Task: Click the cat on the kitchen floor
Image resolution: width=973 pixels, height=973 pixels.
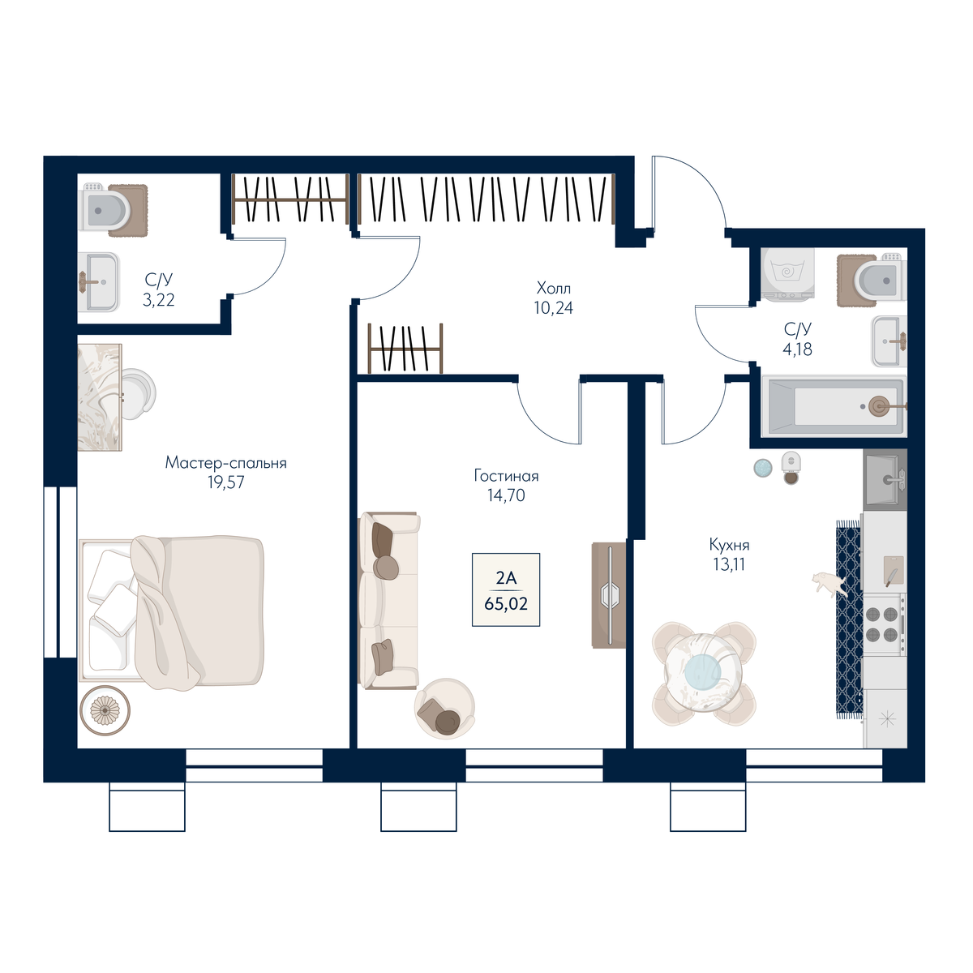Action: pos(828,584)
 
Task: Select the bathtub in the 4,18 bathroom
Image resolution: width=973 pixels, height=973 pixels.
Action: pos(834,406)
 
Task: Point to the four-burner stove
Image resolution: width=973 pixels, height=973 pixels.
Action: pos(885,624)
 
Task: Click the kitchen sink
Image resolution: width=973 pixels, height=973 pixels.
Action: pos(885,478)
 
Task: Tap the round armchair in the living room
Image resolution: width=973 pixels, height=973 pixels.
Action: pos(444,709)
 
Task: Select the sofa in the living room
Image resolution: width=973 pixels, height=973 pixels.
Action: pos(388,600)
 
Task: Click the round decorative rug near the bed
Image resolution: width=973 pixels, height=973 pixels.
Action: pos(105,710)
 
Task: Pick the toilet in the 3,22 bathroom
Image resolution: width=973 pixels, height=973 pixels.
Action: pos(114,210)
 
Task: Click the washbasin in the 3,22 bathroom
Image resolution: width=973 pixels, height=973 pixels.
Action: pos(98,282)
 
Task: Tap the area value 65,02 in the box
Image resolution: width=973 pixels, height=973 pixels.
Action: pos(506,603)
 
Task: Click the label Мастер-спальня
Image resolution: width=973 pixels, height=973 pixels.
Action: pos(225,462)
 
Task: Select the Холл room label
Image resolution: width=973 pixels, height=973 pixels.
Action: pos(554,289)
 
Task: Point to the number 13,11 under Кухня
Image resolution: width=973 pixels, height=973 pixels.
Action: pos(729,564)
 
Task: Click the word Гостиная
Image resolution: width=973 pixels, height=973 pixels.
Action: pos(507,476)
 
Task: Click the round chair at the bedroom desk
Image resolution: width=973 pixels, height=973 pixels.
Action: pos(136,394)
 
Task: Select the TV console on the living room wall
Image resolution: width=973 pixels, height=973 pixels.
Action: pos(608,595)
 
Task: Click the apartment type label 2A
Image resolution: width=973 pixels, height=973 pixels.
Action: pos(506,578)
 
